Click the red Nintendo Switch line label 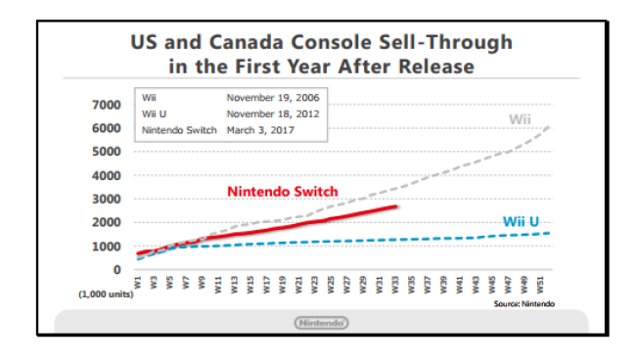(283, 192)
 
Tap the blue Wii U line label (521, 221)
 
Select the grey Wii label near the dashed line (520, 119)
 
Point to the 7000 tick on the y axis (107, 105)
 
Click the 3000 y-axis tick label (107, 199)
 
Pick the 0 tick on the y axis (116, 270)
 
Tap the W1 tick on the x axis (138, 282)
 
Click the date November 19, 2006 (273, 98)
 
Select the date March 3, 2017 (260, 130)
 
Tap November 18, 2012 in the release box (273, 113)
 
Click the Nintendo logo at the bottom (321, 323)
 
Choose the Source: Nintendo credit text (524, 303)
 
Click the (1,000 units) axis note (106, 294)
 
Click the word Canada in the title (247, 42)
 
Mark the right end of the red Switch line (396, 206)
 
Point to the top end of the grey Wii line (549, 127)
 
